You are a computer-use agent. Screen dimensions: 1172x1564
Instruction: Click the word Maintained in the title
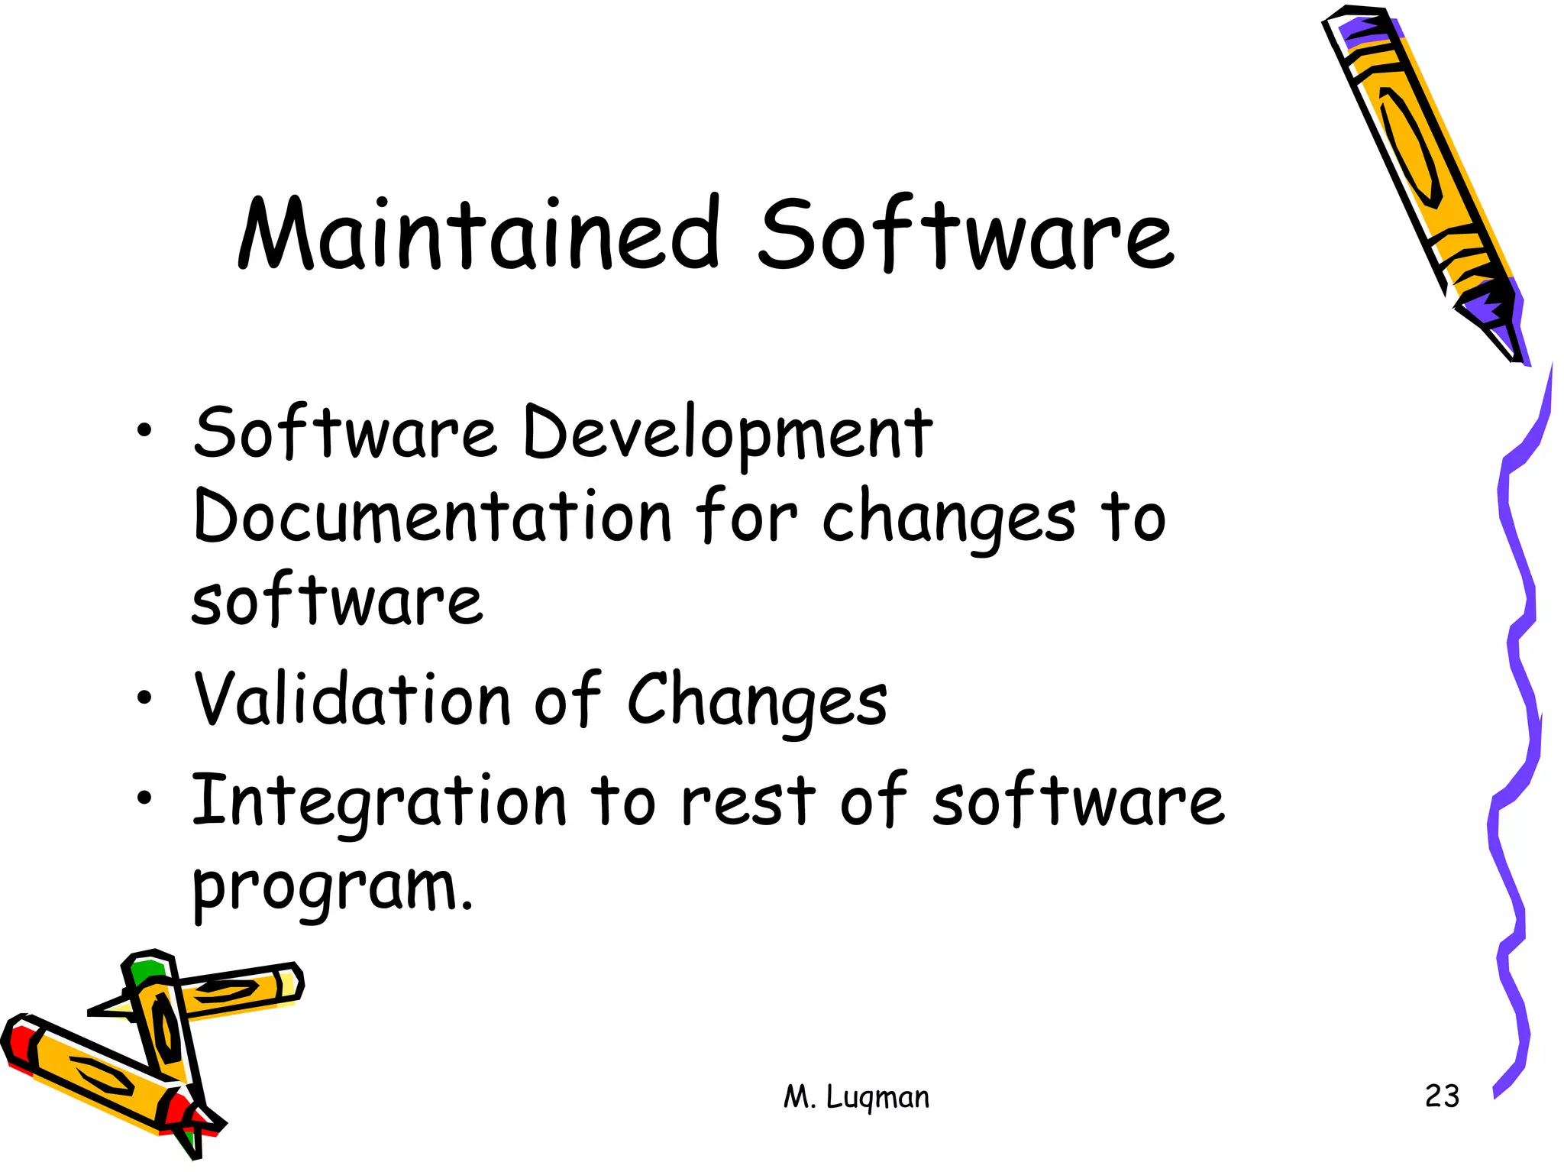[x=480, y=233]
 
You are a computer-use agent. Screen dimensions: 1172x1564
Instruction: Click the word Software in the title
[x=965, y=233]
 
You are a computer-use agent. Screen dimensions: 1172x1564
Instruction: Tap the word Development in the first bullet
[x=727, y=434]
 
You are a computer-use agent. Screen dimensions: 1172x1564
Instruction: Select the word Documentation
[x=432, y=516]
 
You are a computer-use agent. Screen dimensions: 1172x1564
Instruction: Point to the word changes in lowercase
[x=948, y=520]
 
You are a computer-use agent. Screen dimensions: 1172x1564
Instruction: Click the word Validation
[x=352, y=698]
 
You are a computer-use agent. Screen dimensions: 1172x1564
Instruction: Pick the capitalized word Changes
[x=757, y=701]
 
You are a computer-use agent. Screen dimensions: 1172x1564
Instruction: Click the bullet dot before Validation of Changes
[x=144, y=697]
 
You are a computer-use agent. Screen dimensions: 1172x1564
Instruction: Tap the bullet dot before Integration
[x=144, y=798]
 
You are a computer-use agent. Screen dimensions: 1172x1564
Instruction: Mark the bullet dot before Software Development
[x=144, y=431]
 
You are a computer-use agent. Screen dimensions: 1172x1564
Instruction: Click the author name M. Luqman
[x=856, y=1097]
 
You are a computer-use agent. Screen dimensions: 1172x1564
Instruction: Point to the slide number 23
[x=1442, y=1096]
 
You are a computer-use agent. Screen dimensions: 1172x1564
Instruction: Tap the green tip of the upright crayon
[x=145, y=972]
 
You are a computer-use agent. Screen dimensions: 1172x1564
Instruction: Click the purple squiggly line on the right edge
[x=1516, y=733]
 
